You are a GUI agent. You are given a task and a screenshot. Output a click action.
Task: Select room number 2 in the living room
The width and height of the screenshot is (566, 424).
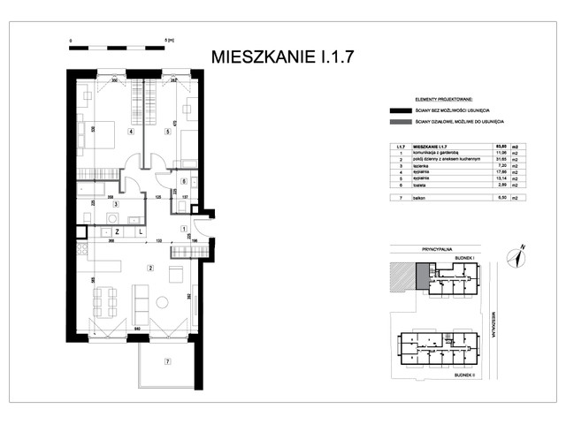(x=150, y=268)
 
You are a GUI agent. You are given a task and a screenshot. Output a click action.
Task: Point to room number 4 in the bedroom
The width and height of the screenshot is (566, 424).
(x=130, y=132)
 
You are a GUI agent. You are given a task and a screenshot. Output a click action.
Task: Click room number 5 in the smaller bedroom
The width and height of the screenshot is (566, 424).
(x=167, y=132)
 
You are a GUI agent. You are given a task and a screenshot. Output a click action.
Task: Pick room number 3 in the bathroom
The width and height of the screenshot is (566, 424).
(x=114, y=202)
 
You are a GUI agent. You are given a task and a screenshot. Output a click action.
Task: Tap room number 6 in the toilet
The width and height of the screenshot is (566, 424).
(x=184, y=181)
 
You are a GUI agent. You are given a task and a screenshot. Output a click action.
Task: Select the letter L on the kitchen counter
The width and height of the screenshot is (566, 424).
(x=141, y=231)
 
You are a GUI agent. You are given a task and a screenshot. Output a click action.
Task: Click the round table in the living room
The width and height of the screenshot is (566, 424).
(x=162, y=301)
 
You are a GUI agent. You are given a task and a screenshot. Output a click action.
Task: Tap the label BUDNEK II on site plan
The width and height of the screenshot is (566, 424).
(x=467, y=374)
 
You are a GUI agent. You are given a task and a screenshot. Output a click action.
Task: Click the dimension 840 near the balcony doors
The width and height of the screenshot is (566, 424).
(x=113, y=329)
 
